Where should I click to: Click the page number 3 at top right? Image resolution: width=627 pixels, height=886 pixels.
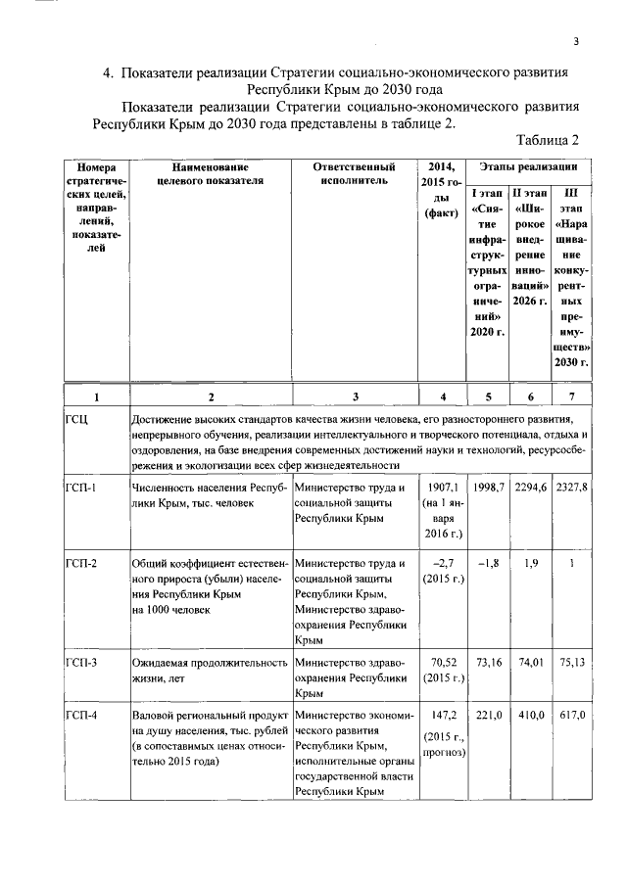577,40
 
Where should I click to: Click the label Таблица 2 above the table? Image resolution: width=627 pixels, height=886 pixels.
553,139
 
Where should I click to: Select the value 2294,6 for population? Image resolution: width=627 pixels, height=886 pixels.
530,487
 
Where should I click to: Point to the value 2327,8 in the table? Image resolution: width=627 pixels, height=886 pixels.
571,487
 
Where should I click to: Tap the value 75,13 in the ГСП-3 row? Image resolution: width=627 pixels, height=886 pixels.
571,663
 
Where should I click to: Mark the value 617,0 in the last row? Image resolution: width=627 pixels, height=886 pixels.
571,717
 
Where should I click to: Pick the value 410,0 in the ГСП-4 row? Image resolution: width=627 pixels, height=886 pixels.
530,717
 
